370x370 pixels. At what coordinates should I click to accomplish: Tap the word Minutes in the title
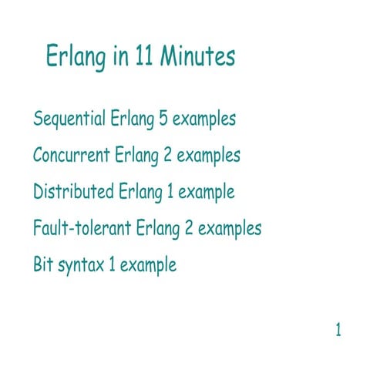tap(197, 57)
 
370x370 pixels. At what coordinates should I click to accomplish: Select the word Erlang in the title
tap(74, 59)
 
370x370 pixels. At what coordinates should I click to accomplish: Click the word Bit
tap(43, 265)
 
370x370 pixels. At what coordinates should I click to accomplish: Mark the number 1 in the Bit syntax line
tap(112, 265)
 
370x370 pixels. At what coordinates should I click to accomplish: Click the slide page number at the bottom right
tap(338, 331)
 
